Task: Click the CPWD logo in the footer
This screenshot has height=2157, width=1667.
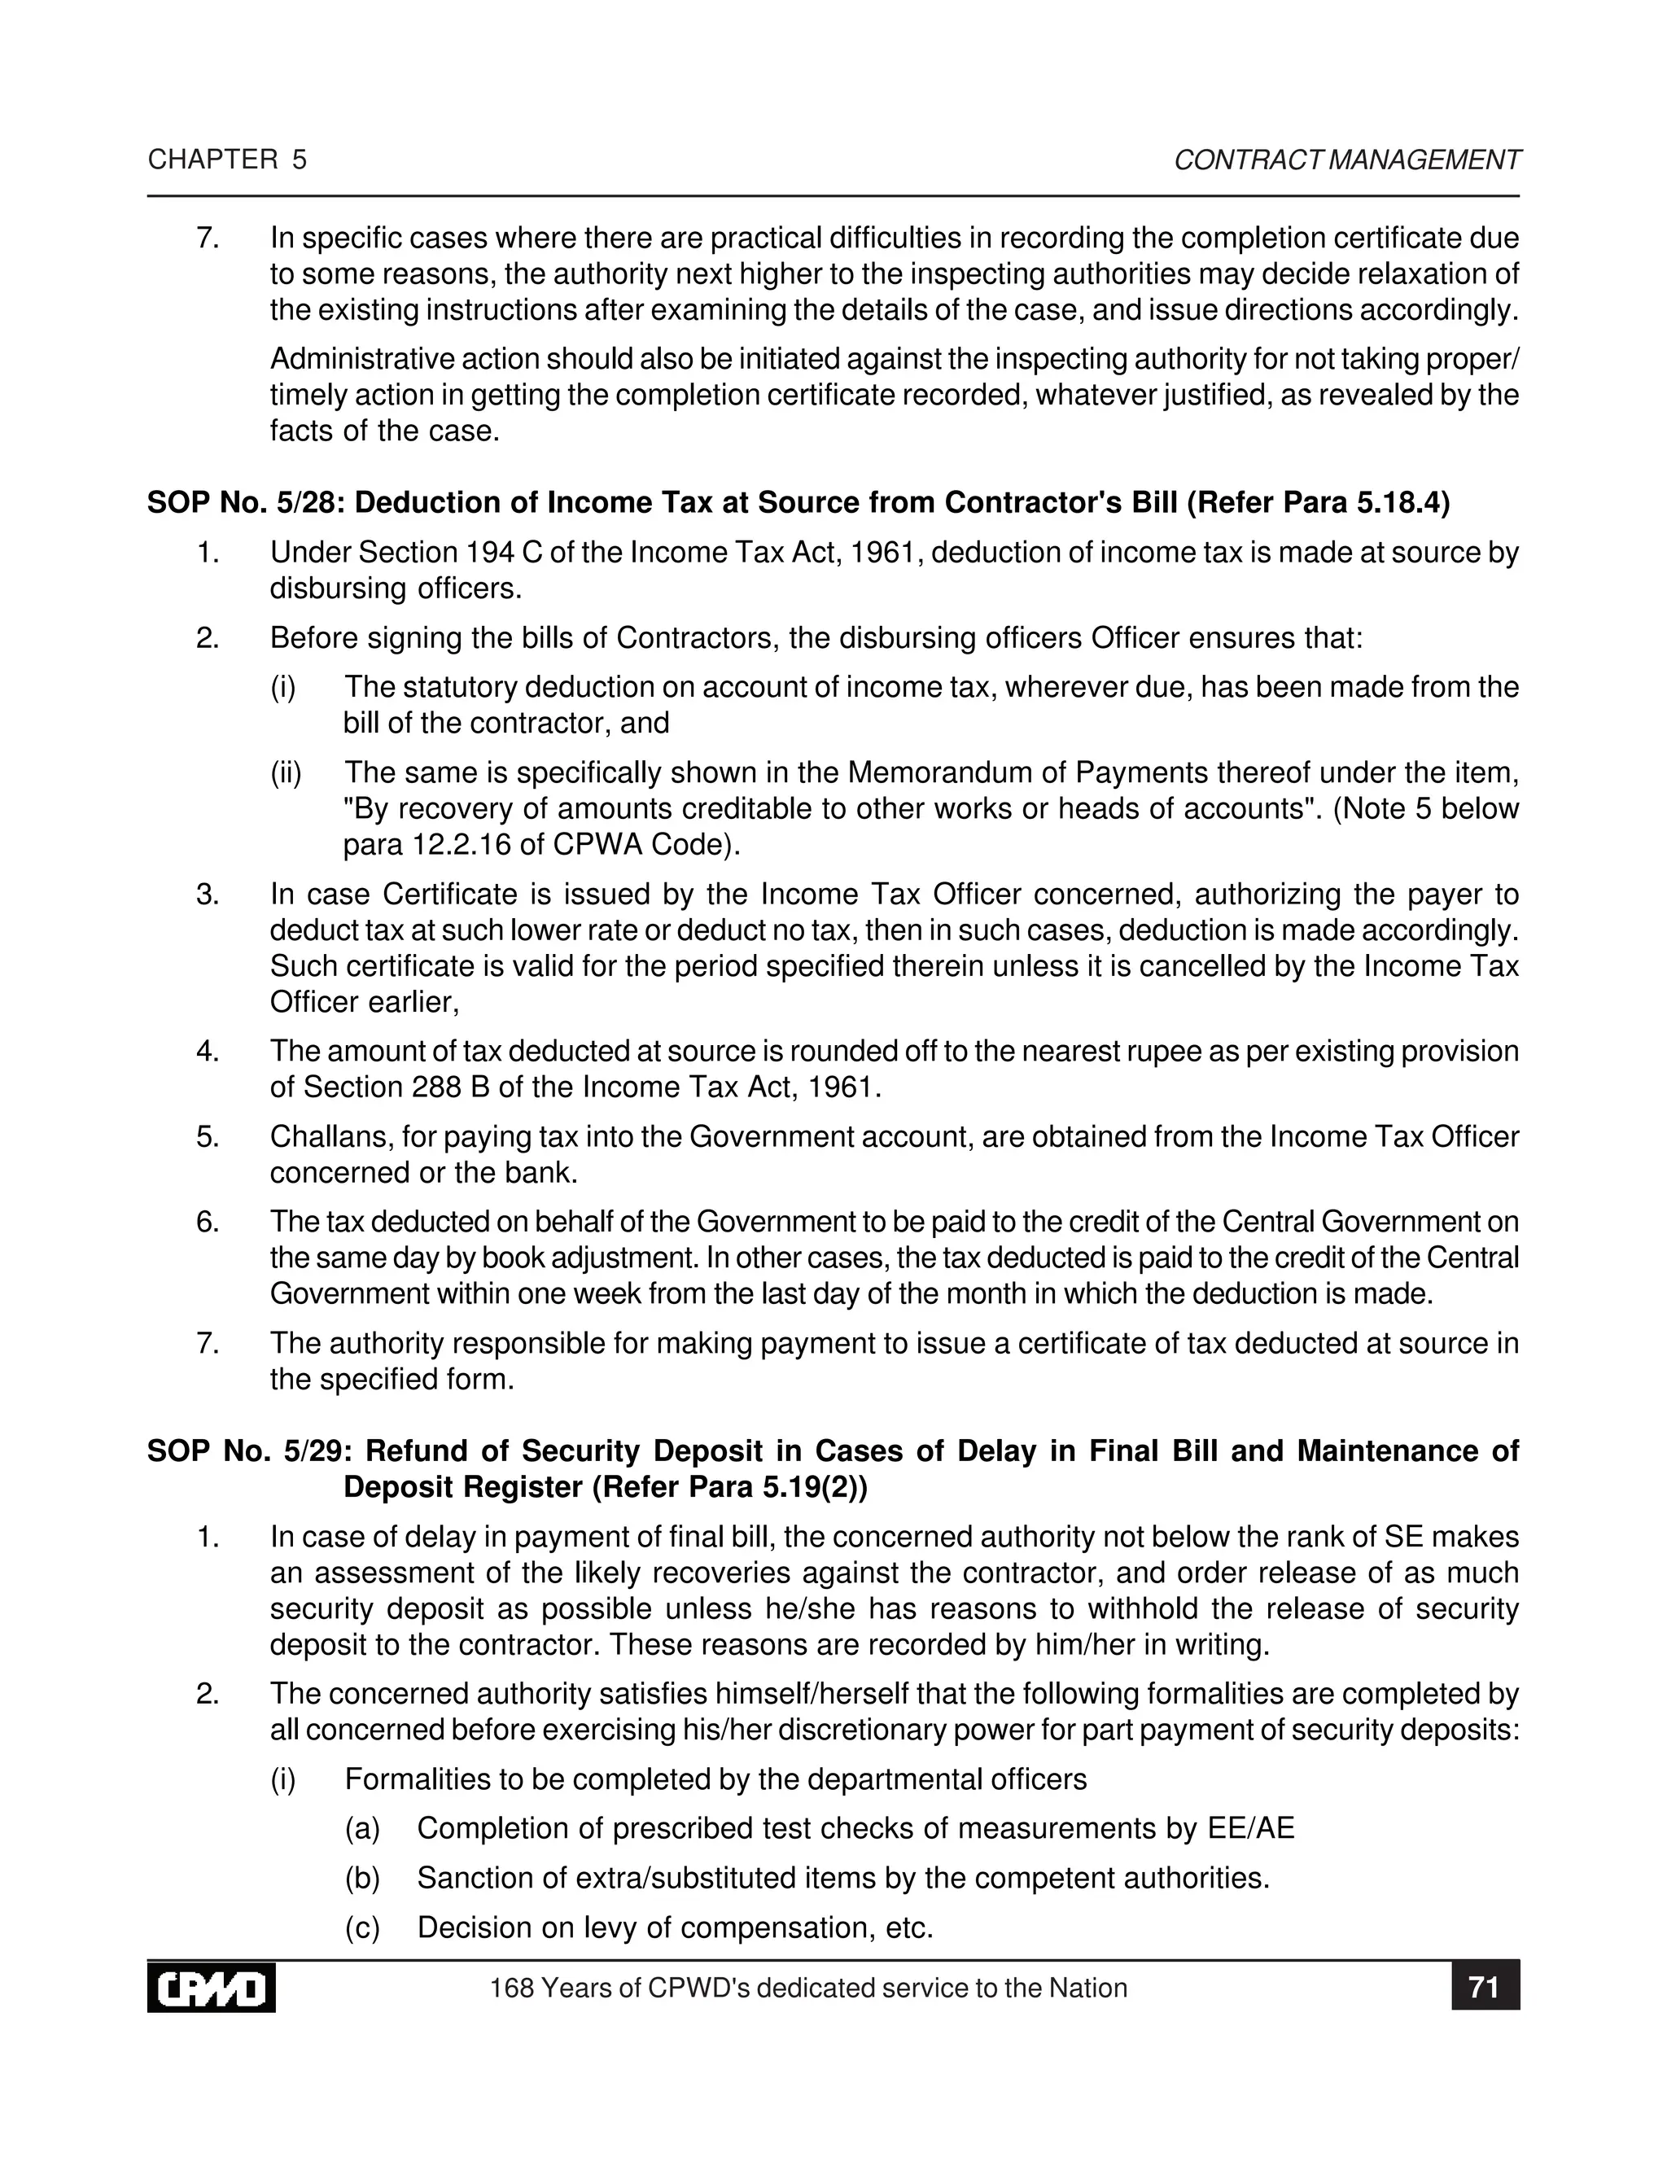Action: (212, 1989)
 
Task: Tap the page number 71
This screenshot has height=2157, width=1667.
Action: (1485, 1987)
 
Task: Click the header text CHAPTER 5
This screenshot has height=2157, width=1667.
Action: (227, 160)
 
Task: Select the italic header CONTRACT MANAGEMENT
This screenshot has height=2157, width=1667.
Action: (1347, 160)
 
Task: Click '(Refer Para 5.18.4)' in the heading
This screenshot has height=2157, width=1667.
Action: (1318, 504)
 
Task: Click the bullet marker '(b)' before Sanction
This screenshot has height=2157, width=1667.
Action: (361, 1878)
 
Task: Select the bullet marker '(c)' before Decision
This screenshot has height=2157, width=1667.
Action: (361, 1927)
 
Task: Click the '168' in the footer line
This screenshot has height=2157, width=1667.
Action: (511, 1989)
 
